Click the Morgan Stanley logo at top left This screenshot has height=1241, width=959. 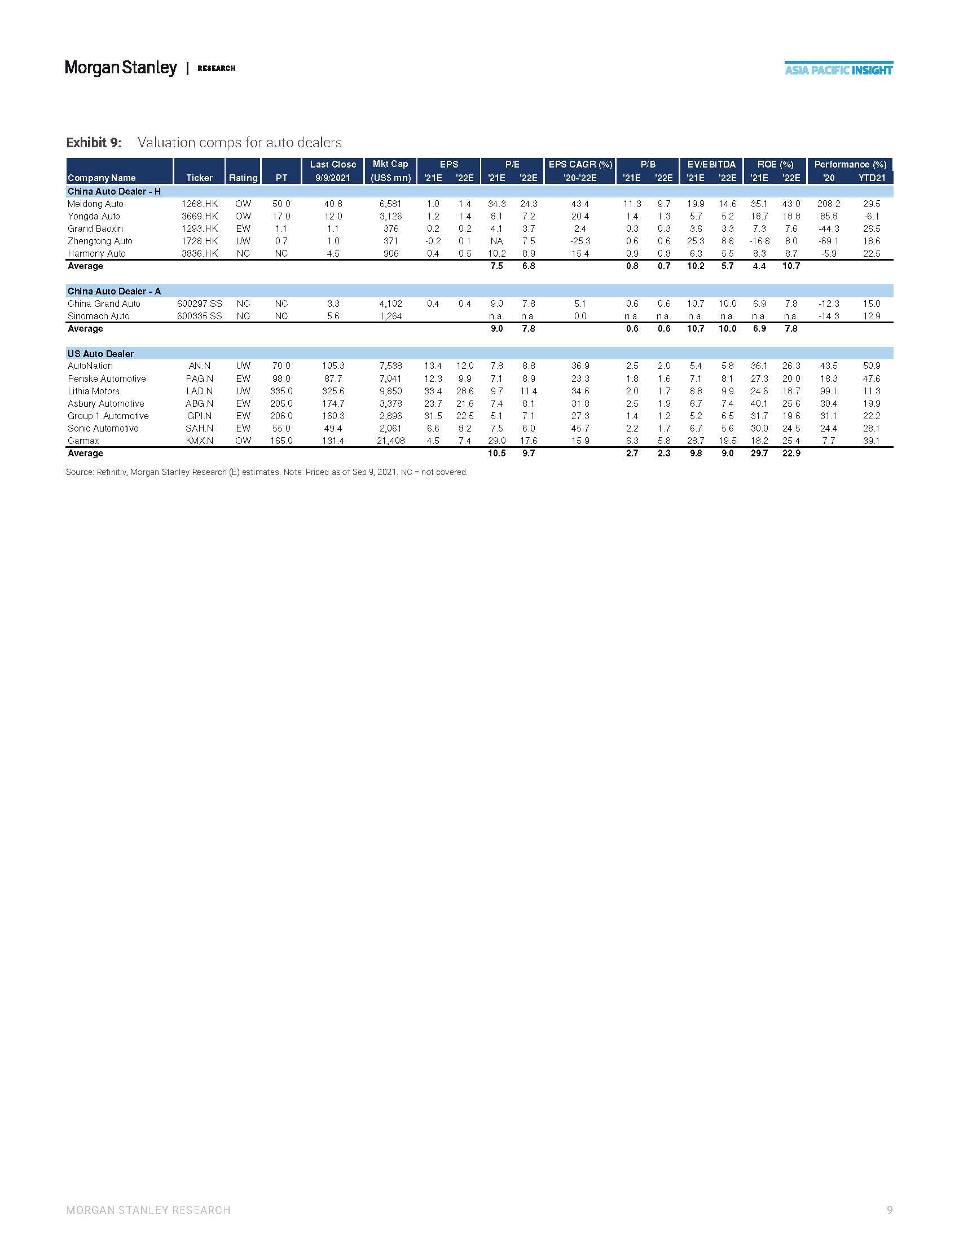(121, 68)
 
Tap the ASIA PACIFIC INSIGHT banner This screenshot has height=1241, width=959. (838, 70)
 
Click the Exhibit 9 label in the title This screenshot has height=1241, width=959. (94, 142)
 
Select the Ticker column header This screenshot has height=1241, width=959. (199, 178)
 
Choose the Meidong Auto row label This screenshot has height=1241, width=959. (95, 204)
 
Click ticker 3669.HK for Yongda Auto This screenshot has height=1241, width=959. (199, 217)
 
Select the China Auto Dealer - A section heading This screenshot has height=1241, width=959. (114, 292)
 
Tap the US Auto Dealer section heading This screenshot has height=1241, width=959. (100, 354)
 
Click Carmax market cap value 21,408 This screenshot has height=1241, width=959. (390, 441)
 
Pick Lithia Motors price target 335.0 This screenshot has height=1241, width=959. (281, 391)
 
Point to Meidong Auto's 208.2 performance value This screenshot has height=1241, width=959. (829, 204)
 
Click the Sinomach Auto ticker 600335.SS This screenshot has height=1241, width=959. (199, 316)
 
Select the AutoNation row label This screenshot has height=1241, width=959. (90, 366)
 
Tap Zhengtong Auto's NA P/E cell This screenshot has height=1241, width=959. (496, 241)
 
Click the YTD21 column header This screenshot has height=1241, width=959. (872, 178)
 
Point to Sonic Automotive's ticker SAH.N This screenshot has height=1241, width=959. (199, 429)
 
